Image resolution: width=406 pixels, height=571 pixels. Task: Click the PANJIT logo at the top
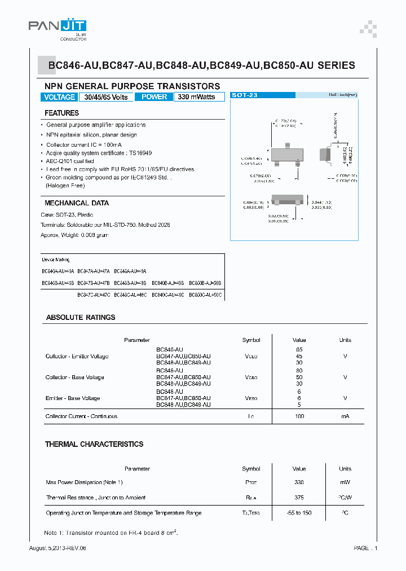click(x=57, y=26)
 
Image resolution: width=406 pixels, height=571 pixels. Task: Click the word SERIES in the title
click(x=336, y=65)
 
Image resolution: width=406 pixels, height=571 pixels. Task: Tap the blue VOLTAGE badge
click(x=59, y=97)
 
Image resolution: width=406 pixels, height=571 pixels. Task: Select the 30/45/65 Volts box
click(x=106, y=97)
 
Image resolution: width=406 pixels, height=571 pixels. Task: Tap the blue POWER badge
click(x=154, y=97)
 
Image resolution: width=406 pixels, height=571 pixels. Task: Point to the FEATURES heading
click(x=61, y=113)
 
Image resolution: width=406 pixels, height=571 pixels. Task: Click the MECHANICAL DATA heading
click(x=77, y=203)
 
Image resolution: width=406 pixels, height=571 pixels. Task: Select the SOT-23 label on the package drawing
click(x=245, y=95)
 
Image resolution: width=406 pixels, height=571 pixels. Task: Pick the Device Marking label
click(x=56, y=260)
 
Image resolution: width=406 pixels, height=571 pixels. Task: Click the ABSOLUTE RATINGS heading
click(x=80, y=318)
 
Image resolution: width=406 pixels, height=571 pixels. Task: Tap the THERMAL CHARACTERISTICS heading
click(x=94, y=445)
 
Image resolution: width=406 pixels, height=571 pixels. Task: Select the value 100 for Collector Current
click(x=299, y=416)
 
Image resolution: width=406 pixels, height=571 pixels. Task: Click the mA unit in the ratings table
click(x=345, y=416)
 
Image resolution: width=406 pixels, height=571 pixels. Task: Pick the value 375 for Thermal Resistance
click(x=299, y=498)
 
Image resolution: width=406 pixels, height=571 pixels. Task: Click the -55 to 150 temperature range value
click(x=299, y=513)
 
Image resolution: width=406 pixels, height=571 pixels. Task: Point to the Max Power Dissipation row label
click(x=84, y=482)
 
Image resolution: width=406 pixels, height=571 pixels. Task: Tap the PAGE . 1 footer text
click(x=365, y=548)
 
